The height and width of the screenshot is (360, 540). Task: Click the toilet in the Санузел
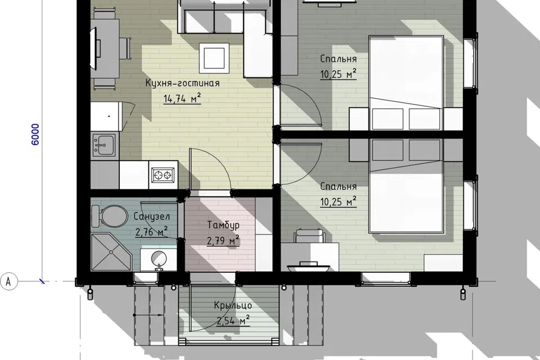pos(109,217)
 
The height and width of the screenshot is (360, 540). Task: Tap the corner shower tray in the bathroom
pos(111,252)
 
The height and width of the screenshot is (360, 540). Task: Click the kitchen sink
pos(103,145)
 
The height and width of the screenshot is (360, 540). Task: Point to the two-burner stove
pos(163,175)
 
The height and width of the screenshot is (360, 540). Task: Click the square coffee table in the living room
pos(214,57)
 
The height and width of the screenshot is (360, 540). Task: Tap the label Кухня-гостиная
pos(182,83)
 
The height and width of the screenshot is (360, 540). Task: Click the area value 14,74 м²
pos(182,98)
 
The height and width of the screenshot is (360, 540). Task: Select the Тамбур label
pos(223,225)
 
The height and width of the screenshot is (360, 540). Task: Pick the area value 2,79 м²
pos(223,240)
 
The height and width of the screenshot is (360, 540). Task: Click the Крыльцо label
pos(233,306)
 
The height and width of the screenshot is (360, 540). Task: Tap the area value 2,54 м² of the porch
pos(233,321)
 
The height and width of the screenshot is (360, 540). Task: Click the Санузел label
pos(151,217)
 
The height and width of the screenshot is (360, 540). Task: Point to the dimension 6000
pos(35,134)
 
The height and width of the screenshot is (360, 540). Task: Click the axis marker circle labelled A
pos(8,281)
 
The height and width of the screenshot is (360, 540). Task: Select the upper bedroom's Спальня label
pos(338,59)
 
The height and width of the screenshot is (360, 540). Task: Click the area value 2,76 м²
pos(151,232)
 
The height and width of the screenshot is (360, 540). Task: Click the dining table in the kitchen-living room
pos(105,48)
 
